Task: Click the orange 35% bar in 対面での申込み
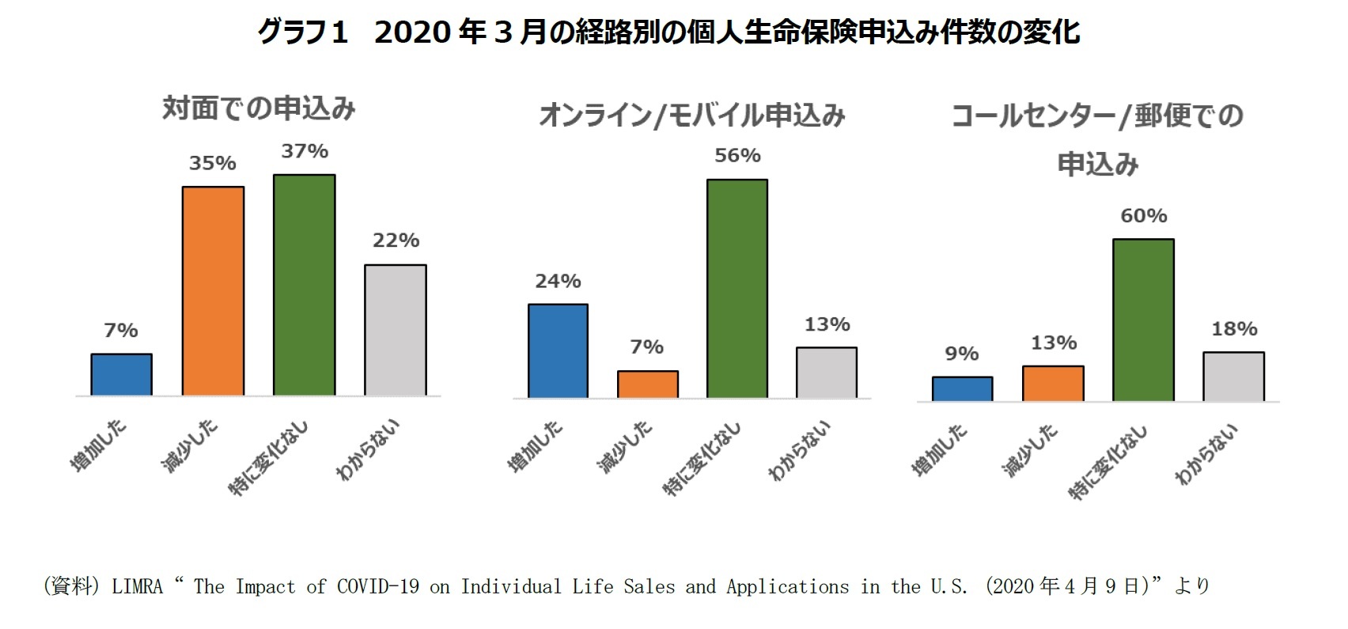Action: [213, 291]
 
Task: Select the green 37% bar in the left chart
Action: [304, 285]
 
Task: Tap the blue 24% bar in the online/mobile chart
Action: [558, 350]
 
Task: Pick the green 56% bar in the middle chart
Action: [736, 289]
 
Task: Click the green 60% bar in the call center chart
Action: [1143, 320]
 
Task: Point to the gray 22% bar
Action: [395, 330]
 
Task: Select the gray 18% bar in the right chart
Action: [1233, 376]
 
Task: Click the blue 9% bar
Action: [962, 388]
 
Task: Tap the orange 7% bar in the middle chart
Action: [647, 384]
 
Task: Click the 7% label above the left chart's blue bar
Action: [121, 330]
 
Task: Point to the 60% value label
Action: [1143, 215]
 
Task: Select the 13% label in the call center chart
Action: [1053, 343]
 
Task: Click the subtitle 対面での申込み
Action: [259, 108]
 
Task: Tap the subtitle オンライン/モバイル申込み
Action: [692, 116]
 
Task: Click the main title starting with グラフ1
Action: [668, 32]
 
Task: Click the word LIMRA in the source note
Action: [137, 586]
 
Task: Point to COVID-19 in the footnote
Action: [378, 586]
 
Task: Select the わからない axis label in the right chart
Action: [1206, 454]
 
